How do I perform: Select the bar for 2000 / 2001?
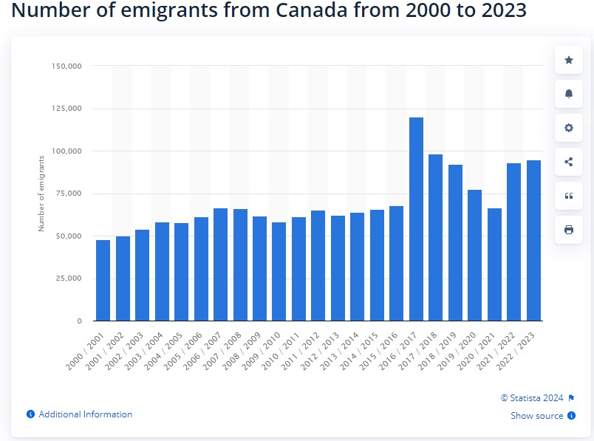(x=103, y=281)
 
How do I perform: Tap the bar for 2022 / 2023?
(x=533, y=241)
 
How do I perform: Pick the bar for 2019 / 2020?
(x=474, y=256)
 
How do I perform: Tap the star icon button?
(x=569, y=60)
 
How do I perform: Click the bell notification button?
(x=569, y=94)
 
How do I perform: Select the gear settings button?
(x=569, y=128)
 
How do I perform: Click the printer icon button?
(x=569, y=230)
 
